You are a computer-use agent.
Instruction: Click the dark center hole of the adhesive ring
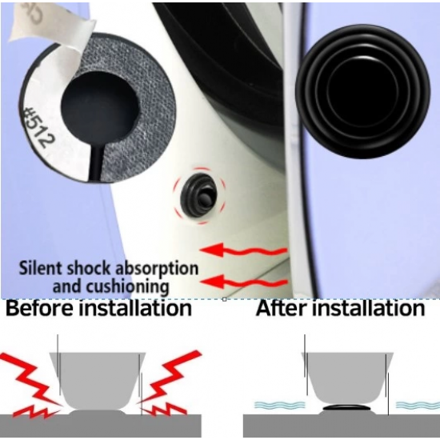(x=100, y=106)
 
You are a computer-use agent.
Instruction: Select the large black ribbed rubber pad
(x=362, y=91)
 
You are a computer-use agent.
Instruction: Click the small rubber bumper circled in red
(x=200, y=195)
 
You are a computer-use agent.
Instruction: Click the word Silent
(x=41, y=268)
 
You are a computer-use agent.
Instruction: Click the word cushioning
(x=127, y=287)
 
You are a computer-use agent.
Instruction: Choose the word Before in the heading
(x=40, y=308)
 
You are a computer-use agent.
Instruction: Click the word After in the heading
(x=282, y=308)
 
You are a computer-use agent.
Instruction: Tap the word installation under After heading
(x=369, y=308)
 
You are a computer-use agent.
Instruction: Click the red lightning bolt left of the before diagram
(x=31, y=385)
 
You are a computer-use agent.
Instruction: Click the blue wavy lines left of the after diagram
(x=279, y=405)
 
